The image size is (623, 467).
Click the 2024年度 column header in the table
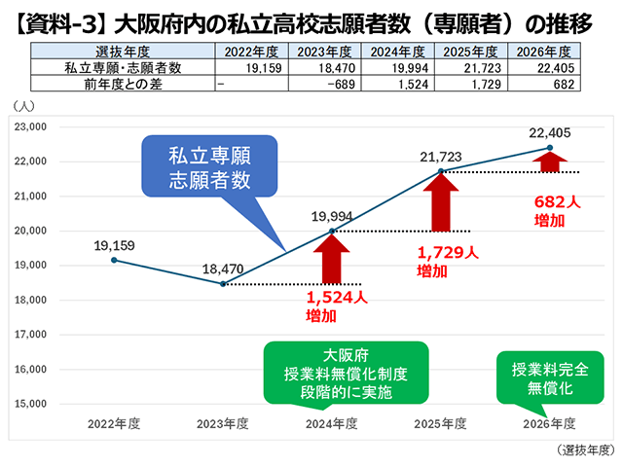click(x=396, y=52)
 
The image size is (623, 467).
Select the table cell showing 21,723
click(x=470, y=68)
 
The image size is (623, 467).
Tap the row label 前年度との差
click(x=121, y=85)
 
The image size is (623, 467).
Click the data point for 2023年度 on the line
click(x=224, y=284)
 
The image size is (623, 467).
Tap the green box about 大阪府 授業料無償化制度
click(x=345, y=374)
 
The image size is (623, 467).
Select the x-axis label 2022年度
click(x=114, y=424)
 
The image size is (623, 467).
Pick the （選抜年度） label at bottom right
click(x=587, y=449)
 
